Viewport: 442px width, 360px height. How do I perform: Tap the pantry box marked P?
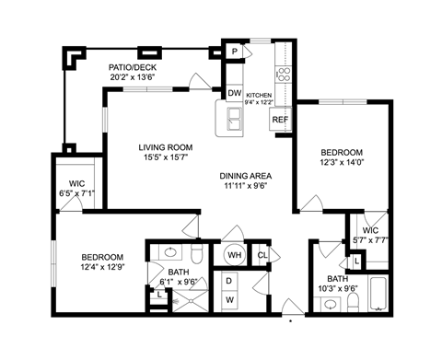pyautogui.click(x=235, y=52)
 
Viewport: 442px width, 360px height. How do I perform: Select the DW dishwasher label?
pyautogui.click(x=234, y=93)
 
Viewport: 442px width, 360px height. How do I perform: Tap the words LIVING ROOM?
pyautogui.click(x=165, y=147)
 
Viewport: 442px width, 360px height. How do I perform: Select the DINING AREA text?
pyautogui.click(x=247, y=176)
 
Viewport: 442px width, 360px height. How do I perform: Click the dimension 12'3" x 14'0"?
pyautogui.click(x=341, y=163)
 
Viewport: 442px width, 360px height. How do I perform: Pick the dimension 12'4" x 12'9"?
pyautogui.click(x=101, y=269)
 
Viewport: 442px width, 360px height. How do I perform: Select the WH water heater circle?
pyautogui.click(x=234, y=255)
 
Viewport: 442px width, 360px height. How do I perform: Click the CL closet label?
pyautogui.click(x=262, y=255)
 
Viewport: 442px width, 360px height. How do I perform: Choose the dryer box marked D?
pyautogui.click(x=229, y=281)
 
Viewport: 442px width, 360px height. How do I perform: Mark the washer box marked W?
pyautogui.click(x=229, y=300)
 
